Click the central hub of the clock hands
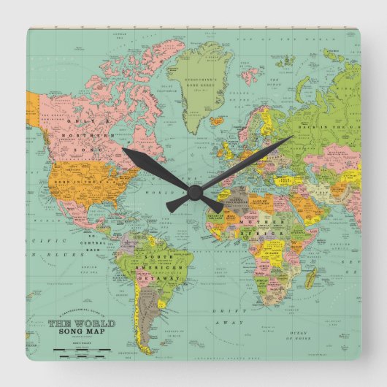(x=193, y=191)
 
